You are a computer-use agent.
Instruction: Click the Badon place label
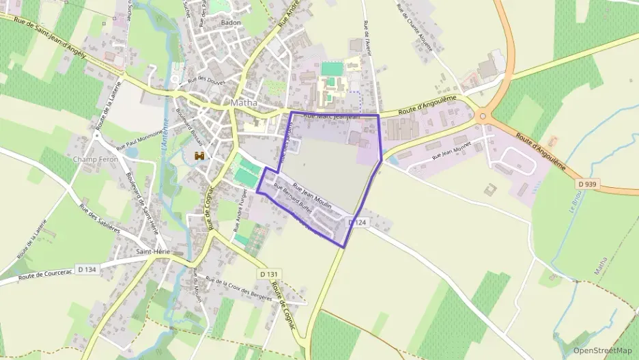coord(231,23)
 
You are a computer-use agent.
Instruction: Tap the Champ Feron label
coord(95,159)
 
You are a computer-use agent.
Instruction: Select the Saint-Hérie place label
coord(153,251)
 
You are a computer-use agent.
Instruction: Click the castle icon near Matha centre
coord(200,156)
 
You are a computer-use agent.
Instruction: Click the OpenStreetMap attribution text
coord(602,350)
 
